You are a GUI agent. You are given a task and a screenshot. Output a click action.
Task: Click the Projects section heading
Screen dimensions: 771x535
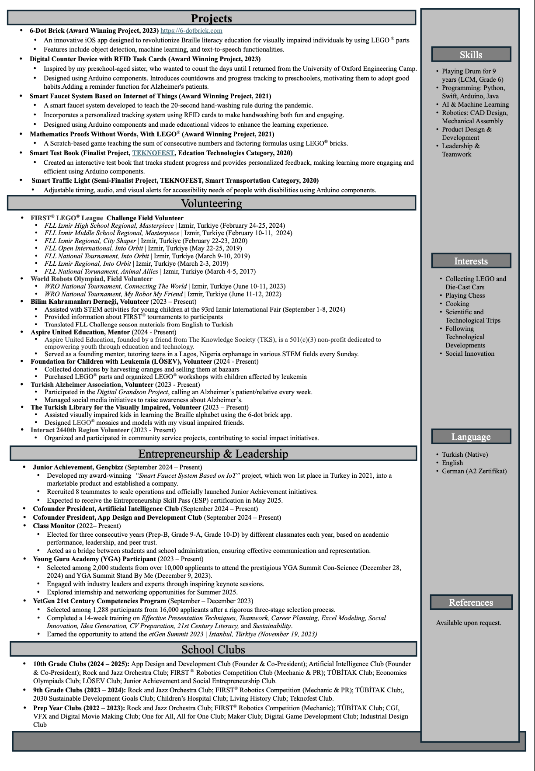[x=211, y=18]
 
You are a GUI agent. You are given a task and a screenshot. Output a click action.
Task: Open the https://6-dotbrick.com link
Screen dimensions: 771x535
[x=191, y=31]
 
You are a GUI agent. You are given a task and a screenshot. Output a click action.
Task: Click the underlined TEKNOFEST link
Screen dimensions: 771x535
[x=153, y=153]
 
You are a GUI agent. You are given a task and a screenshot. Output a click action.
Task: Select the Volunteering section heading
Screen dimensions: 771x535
[x=211, y=203]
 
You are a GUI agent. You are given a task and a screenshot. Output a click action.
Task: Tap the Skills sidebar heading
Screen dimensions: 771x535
[x=471, y=55]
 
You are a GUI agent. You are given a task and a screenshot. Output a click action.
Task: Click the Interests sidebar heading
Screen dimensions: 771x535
[x=471, y=261]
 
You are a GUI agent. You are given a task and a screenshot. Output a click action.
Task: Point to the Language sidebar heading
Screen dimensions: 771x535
[x=471, y=437]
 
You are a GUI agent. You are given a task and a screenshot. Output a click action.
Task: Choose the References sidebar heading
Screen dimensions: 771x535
[x=471, y=602]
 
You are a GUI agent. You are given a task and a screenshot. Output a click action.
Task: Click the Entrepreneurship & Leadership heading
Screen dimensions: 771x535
[x=213, y=454]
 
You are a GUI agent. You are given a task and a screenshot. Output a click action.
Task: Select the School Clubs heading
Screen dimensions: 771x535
[x=213, y=649]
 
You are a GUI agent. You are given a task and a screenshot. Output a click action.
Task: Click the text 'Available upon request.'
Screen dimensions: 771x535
[x=469, y=623]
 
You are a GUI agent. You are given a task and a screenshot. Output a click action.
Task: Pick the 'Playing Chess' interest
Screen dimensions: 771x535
[x=465, y=295]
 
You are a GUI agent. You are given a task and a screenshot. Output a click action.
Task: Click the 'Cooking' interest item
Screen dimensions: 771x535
[x=457, y=304]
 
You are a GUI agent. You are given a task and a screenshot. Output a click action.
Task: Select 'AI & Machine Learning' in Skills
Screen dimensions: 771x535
[x=475, y=104]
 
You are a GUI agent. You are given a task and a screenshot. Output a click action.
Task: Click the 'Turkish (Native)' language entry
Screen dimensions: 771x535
[x=465, y=455]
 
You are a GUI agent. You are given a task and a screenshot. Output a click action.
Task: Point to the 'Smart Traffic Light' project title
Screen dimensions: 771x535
[x=61, y=181]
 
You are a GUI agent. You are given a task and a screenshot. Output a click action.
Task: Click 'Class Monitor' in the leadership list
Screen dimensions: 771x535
[x=54, y=526]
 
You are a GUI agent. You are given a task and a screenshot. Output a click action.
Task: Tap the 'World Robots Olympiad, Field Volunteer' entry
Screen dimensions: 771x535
[x=91, y=279]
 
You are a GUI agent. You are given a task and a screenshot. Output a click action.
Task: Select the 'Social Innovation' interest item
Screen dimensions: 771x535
[x=470, y=354]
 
